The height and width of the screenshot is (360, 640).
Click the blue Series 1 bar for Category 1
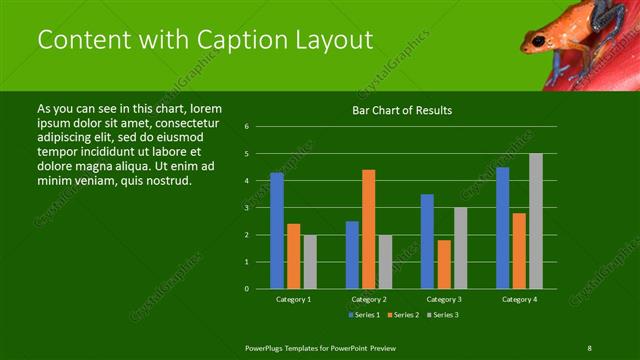coord(276,230)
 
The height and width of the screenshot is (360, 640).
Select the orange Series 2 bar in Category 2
coord(368,229)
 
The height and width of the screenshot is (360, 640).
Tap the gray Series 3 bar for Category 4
coord(535,221)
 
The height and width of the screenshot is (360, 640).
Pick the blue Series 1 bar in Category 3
coord(427,241)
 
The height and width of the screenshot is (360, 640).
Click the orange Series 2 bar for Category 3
coord(443,264)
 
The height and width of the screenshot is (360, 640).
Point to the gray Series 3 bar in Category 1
coord(310,261)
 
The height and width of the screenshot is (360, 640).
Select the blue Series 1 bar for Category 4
coord(502,227)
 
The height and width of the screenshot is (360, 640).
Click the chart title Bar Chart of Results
coord(402,110)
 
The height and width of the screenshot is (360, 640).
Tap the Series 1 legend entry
coord(363,315)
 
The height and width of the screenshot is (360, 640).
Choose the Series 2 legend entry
coord(403,315)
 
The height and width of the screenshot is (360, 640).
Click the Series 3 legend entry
coord(443,315)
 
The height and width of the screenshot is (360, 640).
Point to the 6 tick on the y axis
coord(246,127)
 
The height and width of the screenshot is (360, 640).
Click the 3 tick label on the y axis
coord(246,208)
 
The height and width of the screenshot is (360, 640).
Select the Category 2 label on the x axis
coord(368,299)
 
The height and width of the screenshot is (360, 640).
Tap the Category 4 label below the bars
coord(518,299)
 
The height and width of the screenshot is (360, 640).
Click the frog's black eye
coord(539,40)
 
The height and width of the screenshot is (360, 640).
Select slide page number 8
coord(590,346)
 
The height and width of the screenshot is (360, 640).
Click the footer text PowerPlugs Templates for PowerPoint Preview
coord(321,346)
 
